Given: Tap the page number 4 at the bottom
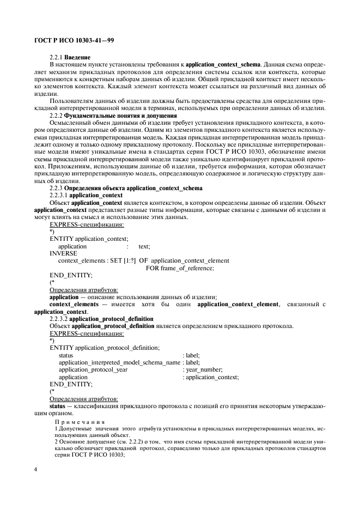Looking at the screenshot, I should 35,469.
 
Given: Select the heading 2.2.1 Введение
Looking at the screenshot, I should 70,57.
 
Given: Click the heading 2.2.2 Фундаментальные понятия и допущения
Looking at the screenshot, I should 113,116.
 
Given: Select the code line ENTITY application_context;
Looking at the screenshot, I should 89,239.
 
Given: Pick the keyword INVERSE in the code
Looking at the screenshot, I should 63,253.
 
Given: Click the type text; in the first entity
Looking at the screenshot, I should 144,246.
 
